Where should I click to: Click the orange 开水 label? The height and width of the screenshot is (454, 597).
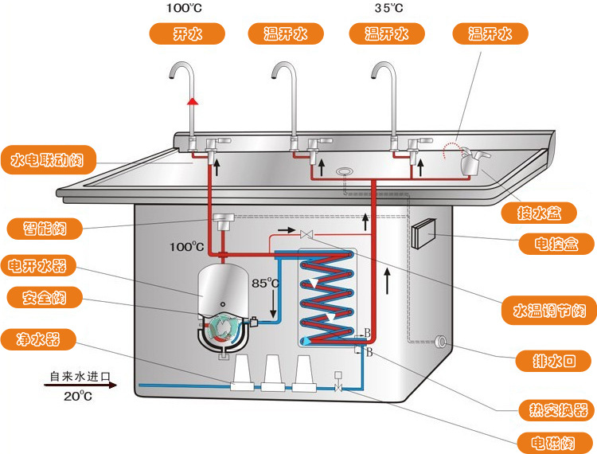click(187, 33)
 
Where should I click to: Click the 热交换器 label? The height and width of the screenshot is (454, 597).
click(556, 410)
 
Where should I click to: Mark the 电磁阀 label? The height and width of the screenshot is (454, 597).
click(556, 442)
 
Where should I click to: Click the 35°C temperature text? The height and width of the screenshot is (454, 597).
click(388, 9)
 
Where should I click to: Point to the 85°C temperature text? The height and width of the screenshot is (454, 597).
click(265, 283)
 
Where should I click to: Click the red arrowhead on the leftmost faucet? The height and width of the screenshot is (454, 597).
click(192, 101)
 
